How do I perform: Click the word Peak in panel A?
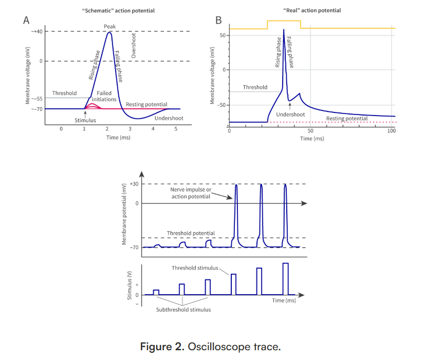coord(109,26)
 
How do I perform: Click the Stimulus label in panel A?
coord(85,120)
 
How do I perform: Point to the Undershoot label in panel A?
coord(169,119)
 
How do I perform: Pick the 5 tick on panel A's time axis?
coord(176,129)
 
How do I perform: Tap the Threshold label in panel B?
coord(255,87)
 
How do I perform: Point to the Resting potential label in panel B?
coord(347,119)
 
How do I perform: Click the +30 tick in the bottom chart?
coord(134,184)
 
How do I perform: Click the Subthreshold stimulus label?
coord(183,310)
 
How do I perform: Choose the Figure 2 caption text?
coord(211,347)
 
